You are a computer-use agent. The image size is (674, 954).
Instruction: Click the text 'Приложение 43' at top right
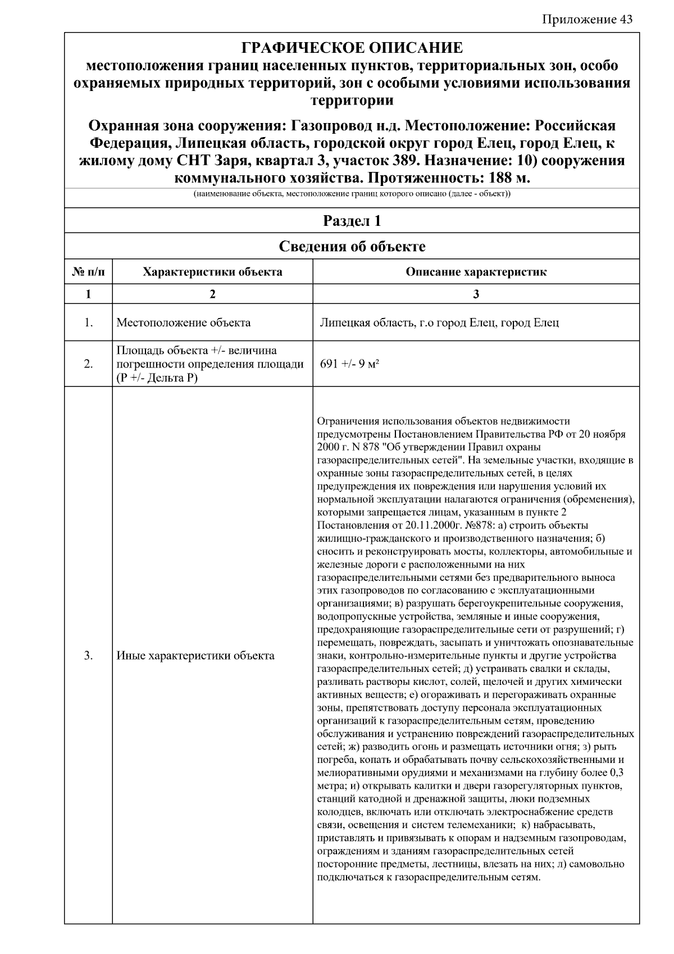click(588, 20)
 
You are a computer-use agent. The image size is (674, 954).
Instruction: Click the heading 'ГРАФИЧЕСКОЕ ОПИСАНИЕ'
click(352, 48)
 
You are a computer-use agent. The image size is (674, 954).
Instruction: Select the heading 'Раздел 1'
click(352, 221)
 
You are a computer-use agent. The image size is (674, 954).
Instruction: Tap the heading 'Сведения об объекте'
click(352, 247)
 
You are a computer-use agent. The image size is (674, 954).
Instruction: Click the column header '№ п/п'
click(89, 272)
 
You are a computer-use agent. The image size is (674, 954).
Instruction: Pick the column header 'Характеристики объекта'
click(212, 272)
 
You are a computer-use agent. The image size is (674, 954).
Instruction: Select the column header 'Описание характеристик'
click(476, 272)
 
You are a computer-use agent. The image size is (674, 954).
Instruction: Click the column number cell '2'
click(212, 294)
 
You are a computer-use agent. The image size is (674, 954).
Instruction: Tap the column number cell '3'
click(476, 294)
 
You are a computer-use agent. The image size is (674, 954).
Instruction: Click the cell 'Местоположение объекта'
click(184, 323)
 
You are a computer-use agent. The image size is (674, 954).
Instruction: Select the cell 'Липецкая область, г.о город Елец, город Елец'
click(439, 323)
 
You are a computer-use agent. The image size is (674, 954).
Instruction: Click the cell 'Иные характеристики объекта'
click(195, 656)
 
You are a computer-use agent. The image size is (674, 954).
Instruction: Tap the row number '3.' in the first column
click(89, 656)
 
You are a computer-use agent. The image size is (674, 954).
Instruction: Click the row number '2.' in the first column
click(89, 364)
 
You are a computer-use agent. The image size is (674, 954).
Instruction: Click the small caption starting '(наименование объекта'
click(352, 194)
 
